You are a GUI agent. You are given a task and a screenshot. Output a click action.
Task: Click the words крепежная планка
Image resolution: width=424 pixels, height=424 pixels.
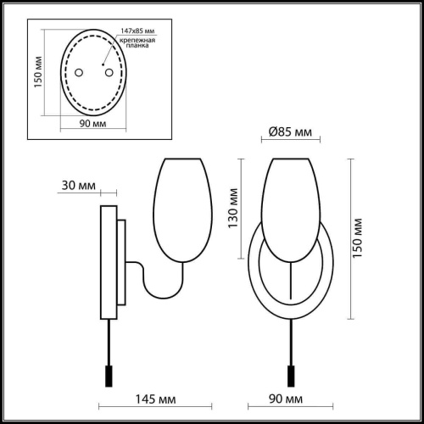tap(138, 43)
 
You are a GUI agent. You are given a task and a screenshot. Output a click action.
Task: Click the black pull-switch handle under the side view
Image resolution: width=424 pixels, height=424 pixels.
tap(108, 374)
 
